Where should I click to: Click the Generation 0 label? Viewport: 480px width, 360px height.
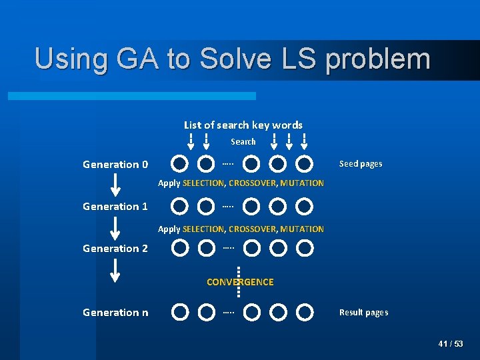(x=115, y=165)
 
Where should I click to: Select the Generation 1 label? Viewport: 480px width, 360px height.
(x=115, y=207)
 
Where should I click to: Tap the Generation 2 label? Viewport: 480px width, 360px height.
(x=115, y=249)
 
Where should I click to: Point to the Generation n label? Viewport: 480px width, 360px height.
(x=115, y=313)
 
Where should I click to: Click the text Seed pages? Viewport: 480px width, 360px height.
(x=361, y=164)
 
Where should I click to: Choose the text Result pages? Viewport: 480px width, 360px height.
(x=363, y=313)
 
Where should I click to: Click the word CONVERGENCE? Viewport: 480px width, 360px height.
(x=240, y=282)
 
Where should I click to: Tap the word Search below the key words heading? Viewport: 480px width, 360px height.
(x=243, y=141)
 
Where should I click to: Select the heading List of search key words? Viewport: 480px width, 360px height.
(x=243, y=125)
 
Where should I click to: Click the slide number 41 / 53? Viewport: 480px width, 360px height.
(x=451, y=344)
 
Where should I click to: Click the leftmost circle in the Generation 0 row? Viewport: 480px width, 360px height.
(x=179, y=164)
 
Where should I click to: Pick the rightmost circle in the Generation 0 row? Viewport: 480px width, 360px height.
(x=305, y=164)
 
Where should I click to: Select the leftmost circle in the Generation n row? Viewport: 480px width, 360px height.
(x=179, y=312)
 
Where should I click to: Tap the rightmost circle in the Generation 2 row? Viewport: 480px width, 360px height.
(x=305, y=249)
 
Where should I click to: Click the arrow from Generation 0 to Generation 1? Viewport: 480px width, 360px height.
(x=115, y=185)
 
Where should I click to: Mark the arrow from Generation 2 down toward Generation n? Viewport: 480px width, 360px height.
(x=115, y=270)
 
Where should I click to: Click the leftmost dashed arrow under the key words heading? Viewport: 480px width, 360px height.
(x=191, y=141)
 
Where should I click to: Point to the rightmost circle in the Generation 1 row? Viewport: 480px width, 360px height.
(x=305, y=207)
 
